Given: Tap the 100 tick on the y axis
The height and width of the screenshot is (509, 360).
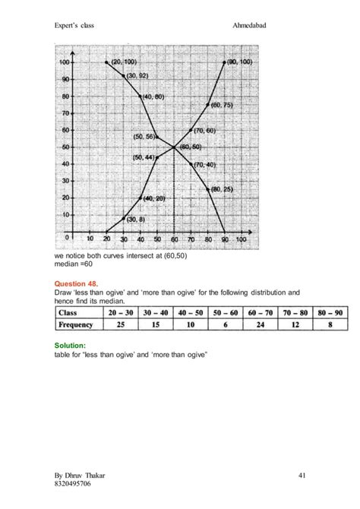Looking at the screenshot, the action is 65,62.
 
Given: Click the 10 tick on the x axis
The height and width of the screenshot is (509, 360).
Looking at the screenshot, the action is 90,239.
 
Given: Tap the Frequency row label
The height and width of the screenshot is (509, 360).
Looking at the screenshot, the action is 84,325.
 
